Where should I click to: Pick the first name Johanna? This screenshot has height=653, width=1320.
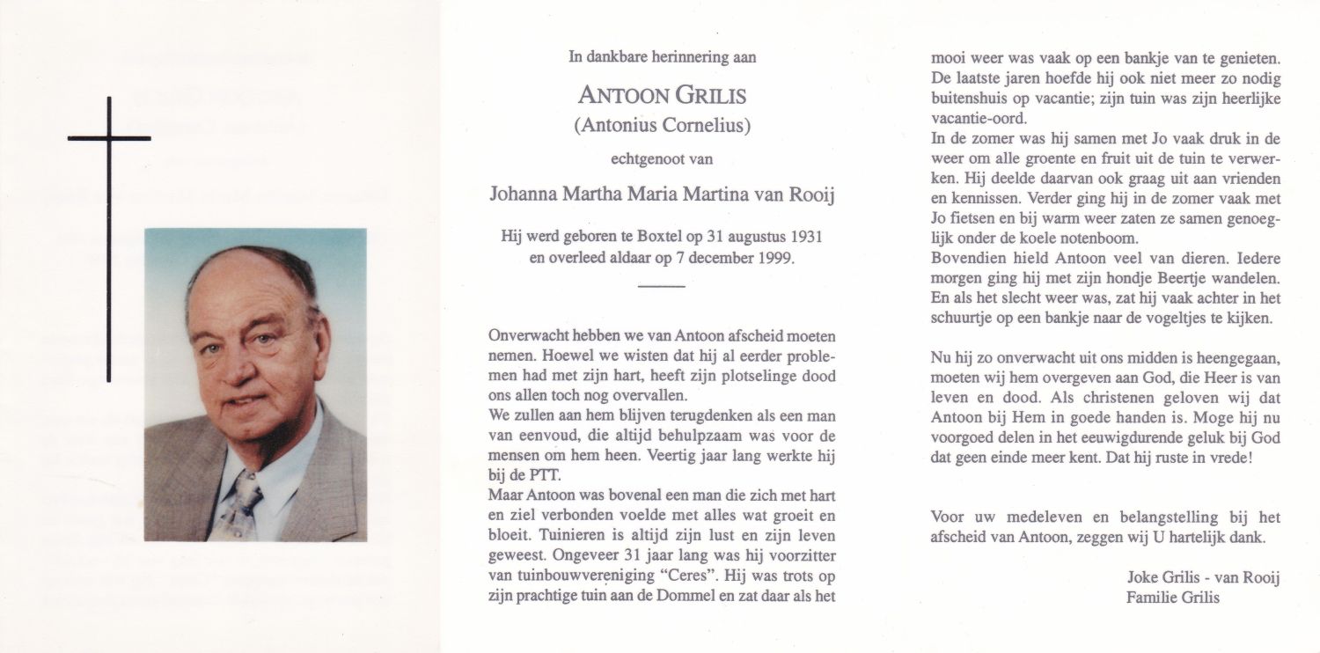coord(524,194)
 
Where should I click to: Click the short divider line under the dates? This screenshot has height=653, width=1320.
coord(660,287)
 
